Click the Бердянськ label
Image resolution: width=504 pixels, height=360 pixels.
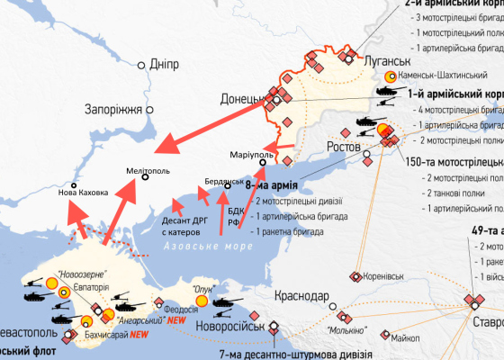pyautogui.click(x=223, y=179)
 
